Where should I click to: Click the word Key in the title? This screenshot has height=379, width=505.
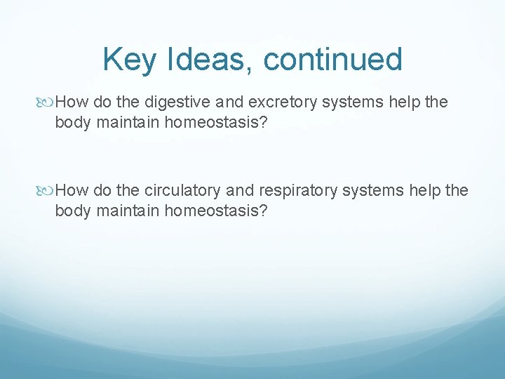tap(127, 60)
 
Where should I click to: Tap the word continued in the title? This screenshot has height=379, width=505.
tap(333, 60)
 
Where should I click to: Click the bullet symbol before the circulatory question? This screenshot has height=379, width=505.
tap(47, 190)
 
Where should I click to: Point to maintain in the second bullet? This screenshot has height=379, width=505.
tap(120, 211)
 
